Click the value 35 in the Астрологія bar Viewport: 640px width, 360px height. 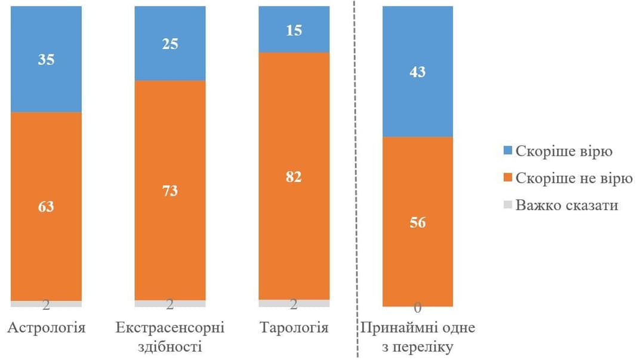46,60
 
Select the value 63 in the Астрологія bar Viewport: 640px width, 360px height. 46,207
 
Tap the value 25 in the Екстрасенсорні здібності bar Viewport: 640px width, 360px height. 170,44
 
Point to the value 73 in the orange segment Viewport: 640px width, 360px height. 170,191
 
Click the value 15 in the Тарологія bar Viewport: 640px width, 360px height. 294,30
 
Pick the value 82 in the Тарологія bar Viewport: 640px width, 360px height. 294,177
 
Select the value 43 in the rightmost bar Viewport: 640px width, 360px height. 417,72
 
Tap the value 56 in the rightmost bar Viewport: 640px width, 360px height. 417,222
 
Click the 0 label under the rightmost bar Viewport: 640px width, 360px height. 417,308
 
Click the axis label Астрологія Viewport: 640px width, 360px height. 46,328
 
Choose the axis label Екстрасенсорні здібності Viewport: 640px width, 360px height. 170,337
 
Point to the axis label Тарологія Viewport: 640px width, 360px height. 294,328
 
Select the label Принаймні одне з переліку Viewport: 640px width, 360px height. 417,337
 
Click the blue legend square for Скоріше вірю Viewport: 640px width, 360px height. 507,151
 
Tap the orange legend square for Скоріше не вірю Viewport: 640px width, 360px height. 507,178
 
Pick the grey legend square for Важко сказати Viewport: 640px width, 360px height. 507,205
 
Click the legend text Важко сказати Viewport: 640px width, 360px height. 567,205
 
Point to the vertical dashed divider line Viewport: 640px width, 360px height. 357,179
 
